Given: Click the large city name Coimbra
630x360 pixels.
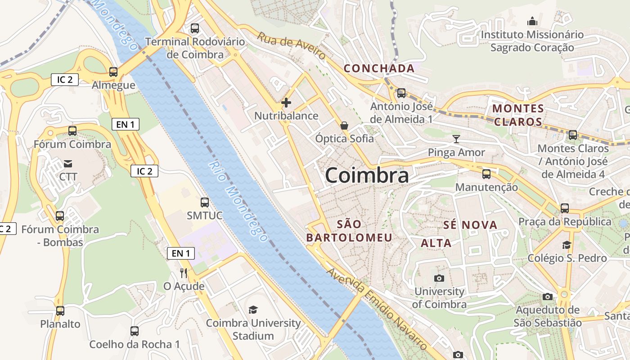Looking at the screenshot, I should tap(367, 175).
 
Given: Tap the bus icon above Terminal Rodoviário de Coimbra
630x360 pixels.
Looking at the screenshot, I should tap(195, 28).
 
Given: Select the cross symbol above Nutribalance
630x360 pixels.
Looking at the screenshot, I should tap(286, 103).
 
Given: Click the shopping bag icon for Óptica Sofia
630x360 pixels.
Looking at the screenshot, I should tap(344, 126).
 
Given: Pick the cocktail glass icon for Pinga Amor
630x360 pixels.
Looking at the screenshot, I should tap(456, 139).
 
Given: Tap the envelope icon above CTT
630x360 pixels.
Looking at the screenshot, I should tap(68, 163).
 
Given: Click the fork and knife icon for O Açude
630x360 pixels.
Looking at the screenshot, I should tap(184, 273).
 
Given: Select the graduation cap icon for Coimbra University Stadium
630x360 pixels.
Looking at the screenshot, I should tap(253, 310).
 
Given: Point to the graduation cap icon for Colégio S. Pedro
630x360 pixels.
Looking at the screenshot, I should tap(567, 245).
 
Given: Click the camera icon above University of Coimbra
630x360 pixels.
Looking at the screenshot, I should tap(439, 278).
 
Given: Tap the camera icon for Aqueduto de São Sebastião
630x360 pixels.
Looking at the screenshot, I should tap(548, 297).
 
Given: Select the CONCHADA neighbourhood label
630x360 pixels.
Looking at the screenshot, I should tap(379, 68).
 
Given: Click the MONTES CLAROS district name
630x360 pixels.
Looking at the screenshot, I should tap(518, 115).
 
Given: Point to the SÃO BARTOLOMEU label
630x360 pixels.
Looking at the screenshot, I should tap(349, 231).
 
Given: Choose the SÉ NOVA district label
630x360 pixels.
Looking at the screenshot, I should tap(470, 225).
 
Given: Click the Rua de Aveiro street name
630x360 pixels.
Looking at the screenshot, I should tap(291, 45).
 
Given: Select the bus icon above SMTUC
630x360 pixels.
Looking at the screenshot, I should tap(205, 202).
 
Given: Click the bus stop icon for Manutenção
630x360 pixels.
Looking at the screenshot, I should tap(486, 174).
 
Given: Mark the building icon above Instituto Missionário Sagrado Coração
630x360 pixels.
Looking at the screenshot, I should tap(532, 21).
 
